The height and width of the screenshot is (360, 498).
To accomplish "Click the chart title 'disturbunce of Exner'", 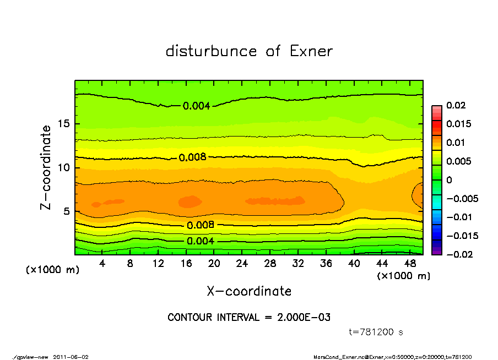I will [249, 51].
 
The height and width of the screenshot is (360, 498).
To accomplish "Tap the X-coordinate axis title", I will [249, 291].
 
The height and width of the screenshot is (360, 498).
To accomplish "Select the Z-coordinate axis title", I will [46, 167].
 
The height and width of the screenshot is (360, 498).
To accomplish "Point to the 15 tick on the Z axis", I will [64, 124].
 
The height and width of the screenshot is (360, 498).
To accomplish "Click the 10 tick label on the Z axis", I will [64, 167].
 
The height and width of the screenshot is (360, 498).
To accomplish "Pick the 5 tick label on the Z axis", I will [67, 211].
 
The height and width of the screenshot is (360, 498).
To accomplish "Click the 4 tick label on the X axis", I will [102, 264].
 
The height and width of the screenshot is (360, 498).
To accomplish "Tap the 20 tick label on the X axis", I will [214, 264].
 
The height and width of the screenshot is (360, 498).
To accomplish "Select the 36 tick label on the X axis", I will [326, 264].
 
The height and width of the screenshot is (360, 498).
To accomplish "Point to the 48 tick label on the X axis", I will [410, 264].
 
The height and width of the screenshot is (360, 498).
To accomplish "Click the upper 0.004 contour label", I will [197, 106].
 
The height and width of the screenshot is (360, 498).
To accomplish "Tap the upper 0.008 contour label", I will [192, 157].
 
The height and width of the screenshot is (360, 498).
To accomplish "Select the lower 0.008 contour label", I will [201, 225].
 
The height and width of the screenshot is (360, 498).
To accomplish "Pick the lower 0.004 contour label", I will [201, 241].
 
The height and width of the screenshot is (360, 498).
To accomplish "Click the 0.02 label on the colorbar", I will [456, 105].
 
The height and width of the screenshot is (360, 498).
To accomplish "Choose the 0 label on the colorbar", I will [450, 180].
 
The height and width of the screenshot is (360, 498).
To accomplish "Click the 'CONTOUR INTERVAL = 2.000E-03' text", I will [249, 318].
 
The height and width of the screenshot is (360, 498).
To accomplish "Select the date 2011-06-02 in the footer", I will [71, 357].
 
